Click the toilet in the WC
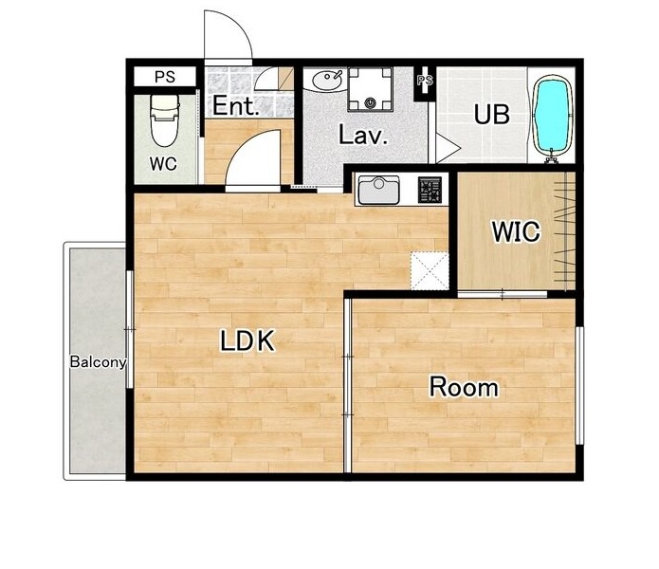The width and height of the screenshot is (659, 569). tap(165, 119)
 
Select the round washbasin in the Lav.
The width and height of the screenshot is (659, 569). tap(327, 80)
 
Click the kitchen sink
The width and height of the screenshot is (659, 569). tap(378, 190)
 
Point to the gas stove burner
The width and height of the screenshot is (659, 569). tap(430, 190)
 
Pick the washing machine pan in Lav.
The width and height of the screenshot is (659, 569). tap(370, 89)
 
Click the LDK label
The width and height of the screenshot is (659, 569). tap(248, 340)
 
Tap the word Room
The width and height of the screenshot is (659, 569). tap(464, 387)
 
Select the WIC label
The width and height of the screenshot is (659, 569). tap(516, 231)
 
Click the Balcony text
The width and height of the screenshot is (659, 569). tap(98, 362)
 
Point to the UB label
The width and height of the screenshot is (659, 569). tap(492, 114)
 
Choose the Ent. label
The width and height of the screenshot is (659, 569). tap(234, 106)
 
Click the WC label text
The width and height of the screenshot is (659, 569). tap(163, 164)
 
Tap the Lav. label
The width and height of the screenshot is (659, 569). tap(363, 136)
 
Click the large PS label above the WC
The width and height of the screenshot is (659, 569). tap(165, 77)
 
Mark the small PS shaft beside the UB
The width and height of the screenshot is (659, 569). tap(425, 83)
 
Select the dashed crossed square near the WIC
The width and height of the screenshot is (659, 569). tap(430, 270)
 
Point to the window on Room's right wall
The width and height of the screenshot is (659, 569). tap(579, 385)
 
